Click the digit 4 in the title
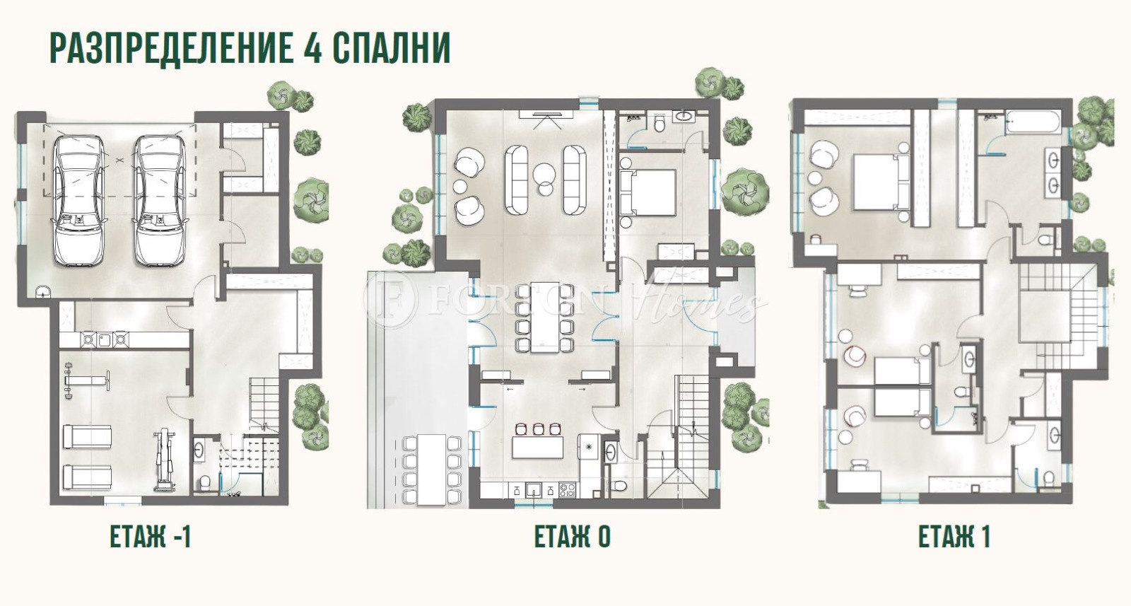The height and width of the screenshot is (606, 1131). pyautogui.click(x=306, y=48)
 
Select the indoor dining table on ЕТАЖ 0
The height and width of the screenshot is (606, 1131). pyautogui.click(x=544, y=317)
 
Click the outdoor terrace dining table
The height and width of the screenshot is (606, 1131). pyautogui.click(x=431, y=470)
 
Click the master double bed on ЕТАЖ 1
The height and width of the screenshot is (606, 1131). pyautogui.click(x=880, y=182)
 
